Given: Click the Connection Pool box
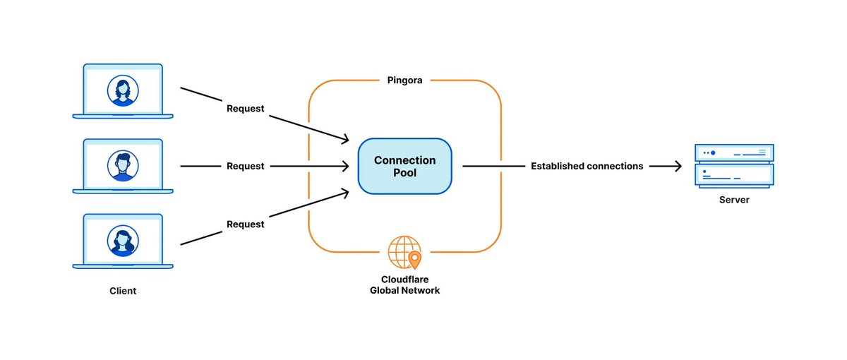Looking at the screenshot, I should (x=404, y=166).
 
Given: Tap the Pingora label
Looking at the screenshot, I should (x=404, y=80).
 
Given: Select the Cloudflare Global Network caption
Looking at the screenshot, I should (x=404, y=284).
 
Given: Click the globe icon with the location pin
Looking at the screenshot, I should (x=404, y=252).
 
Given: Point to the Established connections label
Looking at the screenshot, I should (x=587, y=166).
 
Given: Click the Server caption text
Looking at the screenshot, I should (x=734, y=200).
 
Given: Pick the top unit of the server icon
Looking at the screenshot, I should (x=734, y=152).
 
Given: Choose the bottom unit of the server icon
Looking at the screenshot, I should (x=734, y=174).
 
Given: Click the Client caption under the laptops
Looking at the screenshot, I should (x=123, y=291).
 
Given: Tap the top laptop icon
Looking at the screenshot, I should (x=123, y=91).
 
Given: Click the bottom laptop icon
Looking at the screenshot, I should (x=123, y=241).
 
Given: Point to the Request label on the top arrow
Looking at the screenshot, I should (x=245, y=109).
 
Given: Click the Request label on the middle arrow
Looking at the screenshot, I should (x=245, y=166).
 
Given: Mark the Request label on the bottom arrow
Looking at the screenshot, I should (x=245, y=224).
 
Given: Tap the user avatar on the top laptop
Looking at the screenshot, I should (x=123, y=90).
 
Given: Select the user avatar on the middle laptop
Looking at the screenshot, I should (x=123, y=165).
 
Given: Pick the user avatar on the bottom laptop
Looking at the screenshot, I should (x=123, y=240).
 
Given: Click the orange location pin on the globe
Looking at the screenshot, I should (x=414, y=259).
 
